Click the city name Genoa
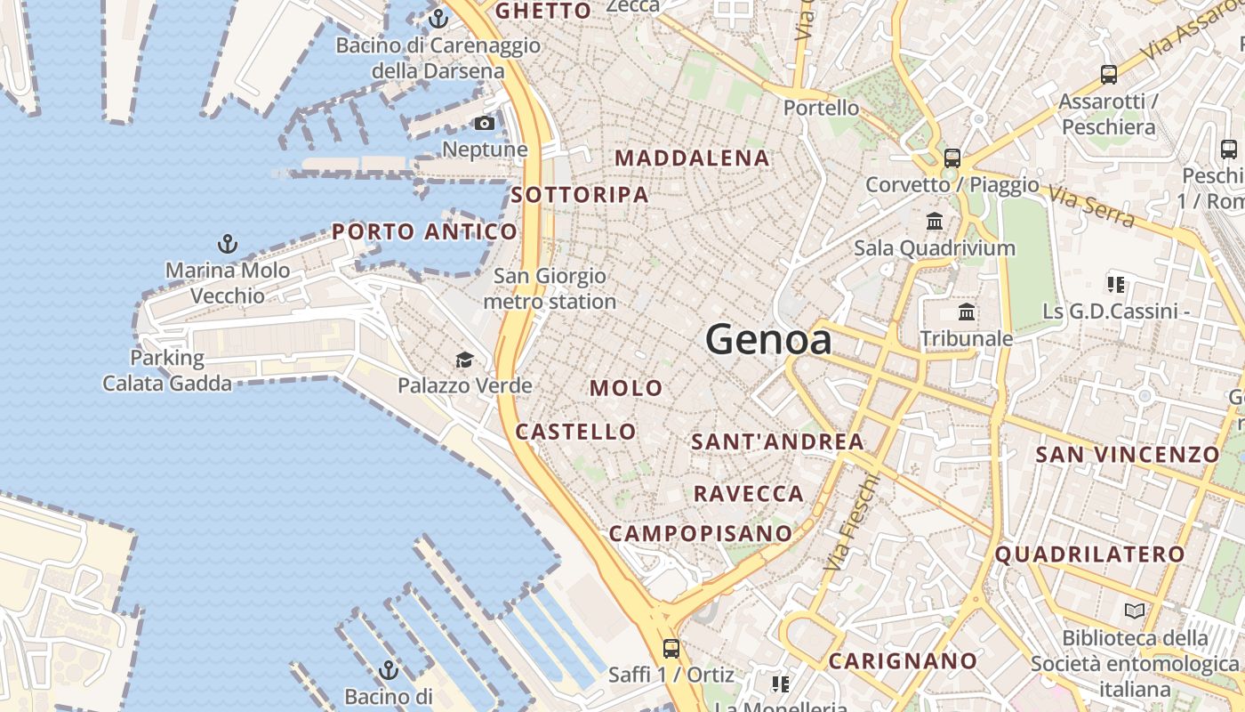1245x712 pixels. pos(768,340)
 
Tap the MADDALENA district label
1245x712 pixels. pos(692,158)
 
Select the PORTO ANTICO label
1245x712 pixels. pos(424,232)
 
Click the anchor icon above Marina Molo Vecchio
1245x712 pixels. pos(228,243)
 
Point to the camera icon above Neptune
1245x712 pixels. pos(485,123)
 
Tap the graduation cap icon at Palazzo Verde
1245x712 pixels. pos(464,360)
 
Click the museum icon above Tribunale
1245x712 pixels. pos(967,312)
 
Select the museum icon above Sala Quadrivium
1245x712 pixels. pos(935,221)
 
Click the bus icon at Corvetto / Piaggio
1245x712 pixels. pos(952,158)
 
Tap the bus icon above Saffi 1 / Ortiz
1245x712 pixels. pos(671,649)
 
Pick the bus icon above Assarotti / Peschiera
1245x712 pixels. pos(1108,75)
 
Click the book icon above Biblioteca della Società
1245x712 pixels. pos(1135,611)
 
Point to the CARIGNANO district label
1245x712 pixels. pos(903,661)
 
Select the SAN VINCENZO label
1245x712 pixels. pos(1128,455)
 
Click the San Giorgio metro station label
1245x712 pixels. pos(550,289)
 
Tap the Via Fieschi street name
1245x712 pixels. pos(852,522)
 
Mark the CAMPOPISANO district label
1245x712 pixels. pos(701,533)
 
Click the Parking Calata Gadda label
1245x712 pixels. pos(167,371)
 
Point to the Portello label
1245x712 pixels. pos(822,108)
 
